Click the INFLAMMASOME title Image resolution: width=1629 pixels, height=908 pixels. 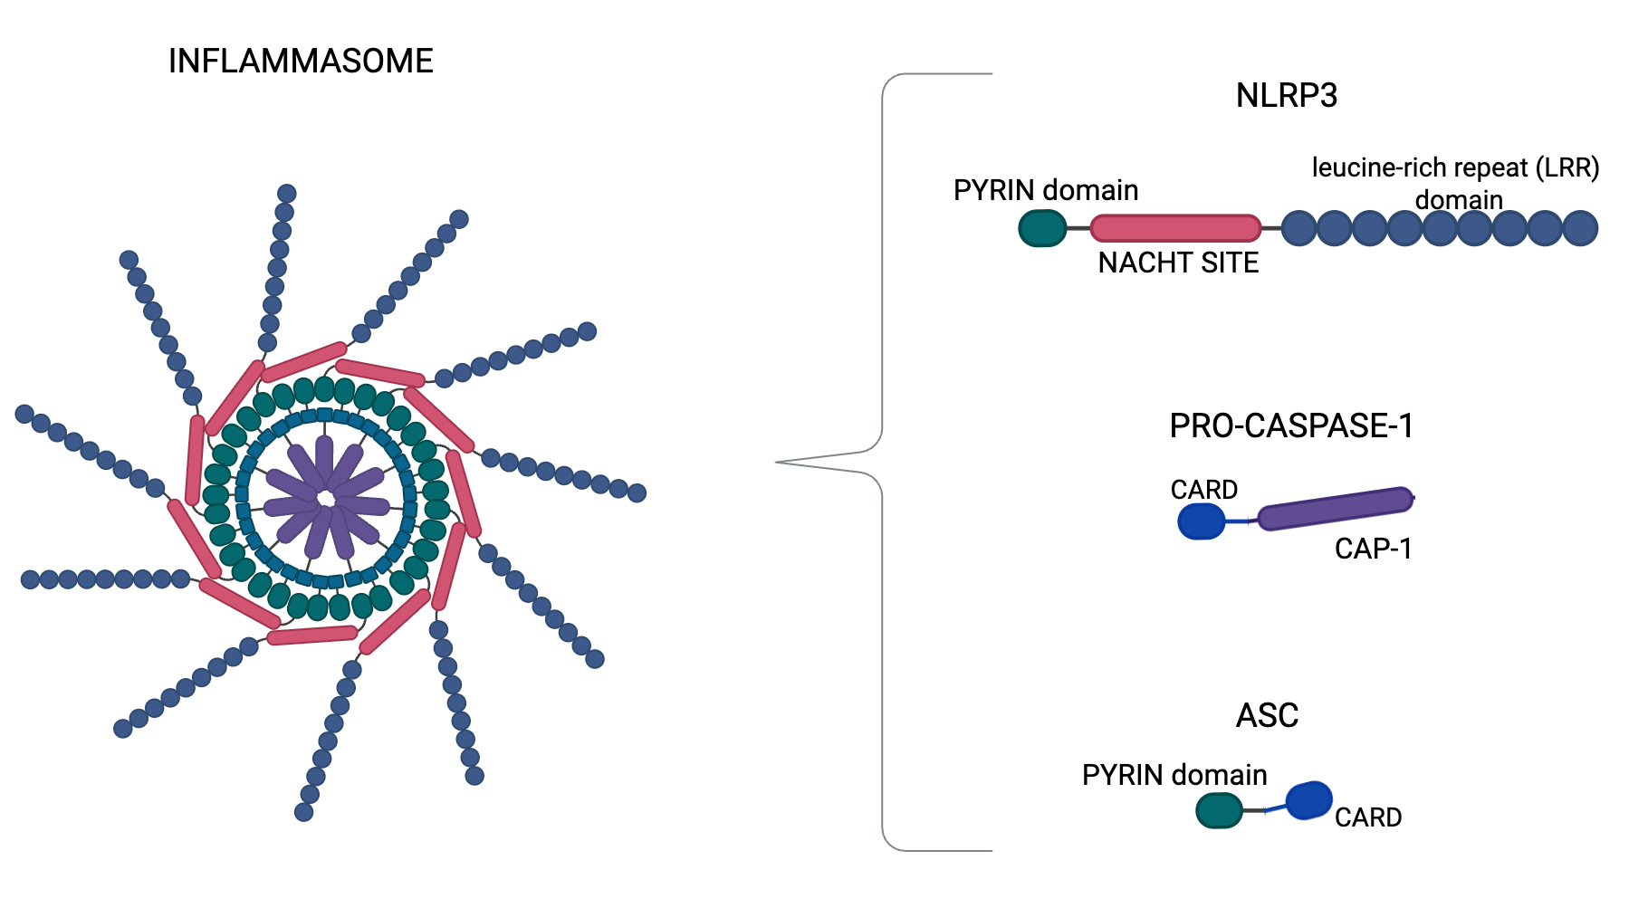coord(301,62)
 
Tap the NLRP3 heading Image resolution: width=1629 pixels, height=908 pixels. coord(1286,95)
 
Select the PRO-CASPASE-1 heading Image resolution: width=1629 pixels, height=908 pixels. coord(1291,425)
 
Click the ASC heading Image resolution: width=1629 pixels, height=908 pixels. coord(1267,715)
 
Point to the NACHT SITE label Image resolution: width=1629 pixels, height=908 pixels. coord(1178,263)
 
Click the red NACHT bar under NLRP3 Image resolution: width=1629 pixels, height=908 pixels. coord(1175,228)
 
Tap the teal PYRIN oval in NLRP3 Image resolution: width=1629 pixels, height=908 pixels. coord(1042,228)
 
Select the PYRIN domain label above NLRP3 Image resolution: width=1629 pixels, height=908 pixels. coord(1046,190)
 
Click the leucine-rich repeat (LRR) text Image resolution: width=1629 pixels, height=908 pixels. coord(1455,168)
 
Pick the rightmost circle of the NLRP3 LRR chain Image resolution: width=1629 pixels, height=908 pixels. coord(1580,228)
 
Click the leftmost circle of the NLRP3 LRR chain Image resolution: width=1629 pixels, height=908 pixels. coord(1299,228)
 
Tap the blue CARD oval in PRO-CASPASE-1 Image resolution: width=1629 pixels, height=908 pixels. coord(1202,521)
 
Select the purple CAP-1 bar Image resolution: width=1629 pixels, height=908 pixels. coord(1336,508)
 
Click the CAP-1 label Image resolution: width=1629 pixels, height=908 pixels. coord(1373,549)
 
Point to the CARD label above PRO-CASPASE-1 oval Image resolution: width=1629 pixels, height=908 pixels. coord(1203,490)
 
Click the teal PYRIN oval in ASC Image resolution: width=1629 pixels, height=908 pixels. coord(1219,810)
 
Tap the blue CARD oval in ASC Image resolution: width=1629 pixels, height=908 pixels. coord(1308,800)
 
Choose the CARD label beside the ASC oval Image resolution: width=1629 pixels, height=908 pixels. coord(1367,817)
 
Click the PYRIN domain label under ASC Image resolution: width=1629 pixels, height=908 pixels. coord(1174,775)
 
